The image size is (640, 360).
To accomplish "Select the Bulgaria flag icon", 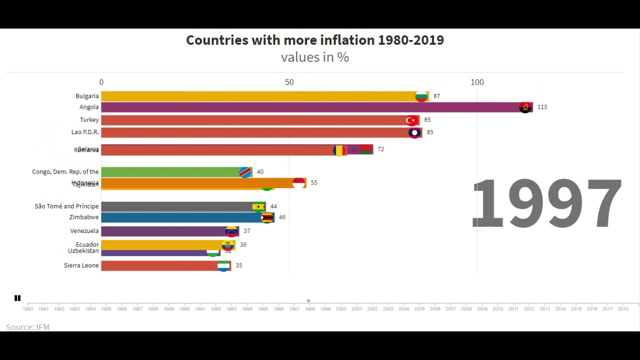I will [422, 96].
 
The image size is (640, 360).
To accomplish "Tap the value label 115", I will [542, 107].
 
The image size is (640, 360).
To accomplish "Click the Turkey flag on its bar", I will [411, 120].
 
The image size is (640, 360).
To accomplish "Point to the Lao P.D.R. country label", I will [85, 132].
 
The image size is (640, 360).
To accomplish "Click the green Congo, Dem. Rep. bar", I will [170, 172].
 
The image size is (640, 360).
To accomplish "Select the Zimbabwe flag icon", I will [267, 217].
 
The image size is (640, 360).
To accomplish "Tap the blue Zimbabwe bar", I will [180, 217].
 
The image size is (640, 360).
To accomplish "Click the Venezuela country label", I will [84, 231].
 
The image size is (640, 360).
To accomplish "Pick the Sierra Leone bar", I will [160, 265].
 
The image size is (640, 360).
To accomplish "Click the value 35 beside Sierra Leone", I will [238, 265].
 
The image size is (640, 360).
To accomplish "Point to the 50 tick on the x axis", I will [289, 82].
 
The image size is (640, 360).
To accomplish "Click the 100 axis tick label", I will [477, 82].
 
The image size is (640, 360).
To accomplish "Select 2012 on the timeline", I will [529, 309].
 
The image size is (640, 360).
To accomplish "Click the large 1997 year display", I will [546, 204].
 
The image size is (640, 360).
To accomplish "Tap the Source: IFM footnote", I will [28, 327].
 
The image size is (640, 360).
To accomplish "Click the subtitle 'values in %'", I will [315, 57].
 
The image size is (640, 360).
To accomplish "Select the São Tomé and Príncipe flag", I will [258, 206].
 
